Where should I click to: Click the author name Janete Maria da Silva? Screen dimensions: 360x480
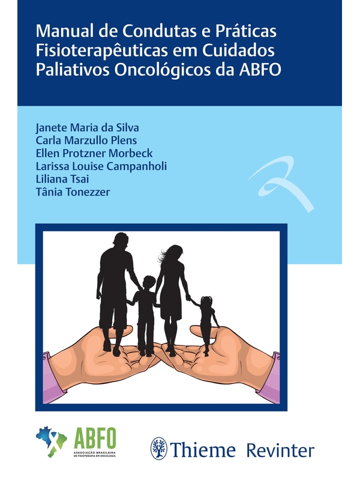[87, 128]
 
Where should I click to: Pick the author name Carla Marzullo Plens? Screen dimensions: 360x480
[86, 140]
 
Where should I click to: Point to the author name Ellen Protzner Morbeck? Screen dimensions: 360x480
[94, 154]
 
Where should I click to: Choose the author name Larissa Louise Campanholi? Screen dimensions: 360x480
[101, 166]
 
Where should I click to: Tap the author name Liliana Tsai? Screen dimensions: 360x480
[62, 179]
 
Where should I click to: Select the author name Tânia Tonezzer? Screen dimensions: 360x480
[73, 192]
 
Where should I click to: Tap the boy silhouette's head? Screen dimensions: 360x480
[149, 283]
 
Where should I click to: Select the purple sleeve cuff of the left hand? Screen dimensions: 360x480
[47, 377]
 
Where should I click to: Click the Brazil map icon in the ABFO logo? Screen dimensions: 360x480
[52, 442]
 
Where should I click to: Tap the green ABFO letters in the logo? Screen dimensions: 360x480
[95, 438]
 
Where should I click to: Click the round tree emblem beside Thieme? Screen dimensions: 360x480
[159, 448]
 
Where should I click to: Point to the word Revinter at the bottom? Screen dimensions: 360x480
[280, 451]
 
